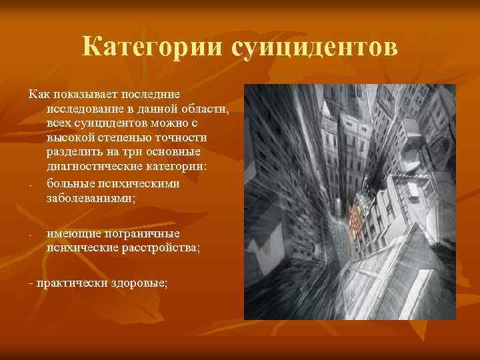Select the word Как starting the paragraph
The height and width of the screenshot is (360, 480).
pyautogui.click(x=39, y=95)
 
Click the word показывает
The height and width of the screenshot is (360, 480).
pyautogui.click(x=88, y=95)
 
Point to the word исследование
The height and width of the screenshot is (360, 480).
pyautogui.click(x=88, y=109)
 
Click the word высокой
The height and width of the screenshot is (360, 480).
pyautogui.click(x=70, y=139)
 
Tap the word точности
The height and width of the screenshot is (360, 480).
pyautogui.click(x=181, y=139)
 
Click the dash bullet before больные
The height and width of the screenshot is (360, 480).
pyautogui.click(x=31, y=185)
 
